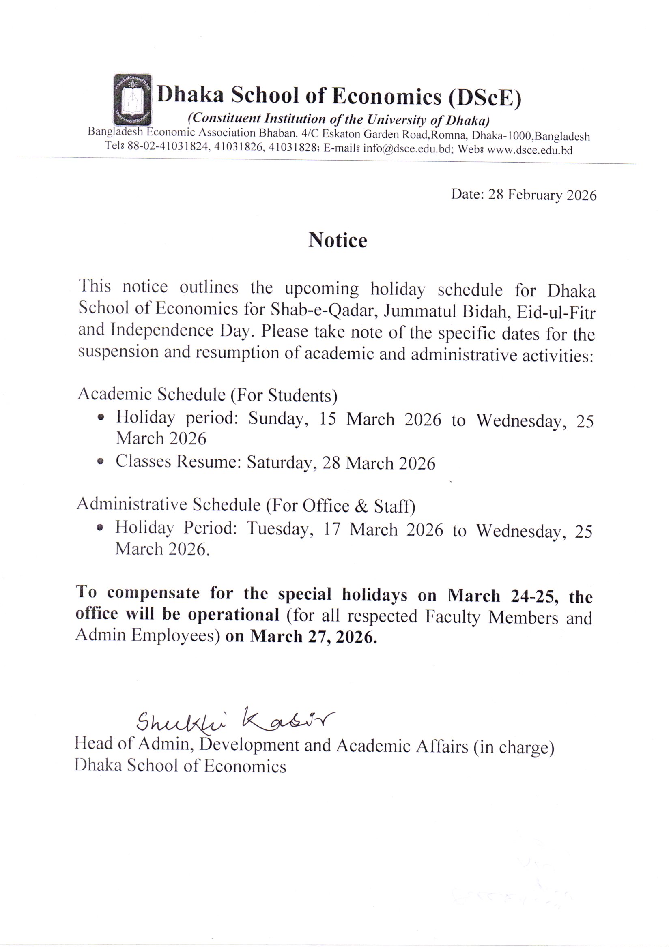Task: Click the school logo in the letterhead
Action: pos(132,99)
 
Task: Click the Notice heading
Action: pos(337,240)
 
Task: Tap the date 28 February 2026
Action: pos(542,195)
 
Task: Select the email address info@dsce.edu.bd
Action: pos(406,150)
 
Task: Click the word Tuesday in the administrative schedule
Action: pos(277,529)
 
